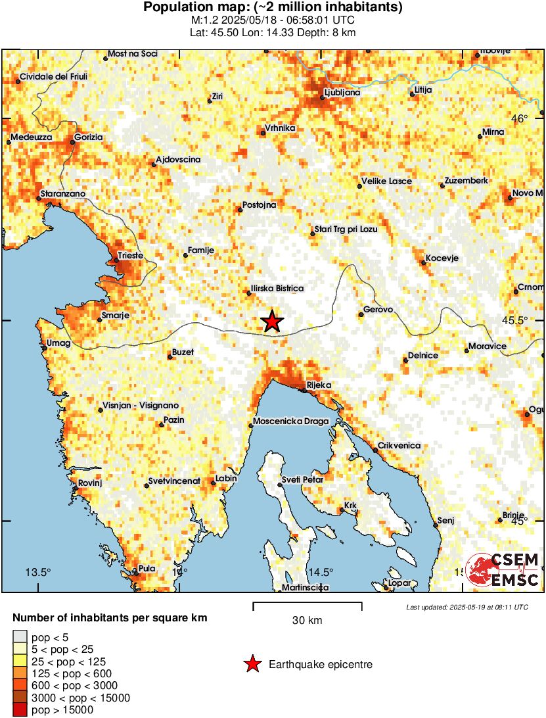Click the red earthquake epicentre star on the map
coord(272,322)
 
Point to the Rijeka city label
coord(319,385)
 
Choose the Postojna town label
coord(259,204)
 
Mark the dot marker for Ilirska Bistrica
coord(249,293)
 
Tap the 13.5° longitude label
coord(37,571)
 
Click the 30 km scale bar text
coord(307,620)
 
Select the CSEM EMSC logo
coord(502,569)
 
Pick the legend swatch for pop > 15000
coord(20,709)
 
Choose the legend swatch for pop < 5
coord(20,637)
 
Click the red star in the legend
coord(252,665)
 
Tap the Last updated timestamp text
coord(466,607)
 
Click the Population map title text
coord(273,8)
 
